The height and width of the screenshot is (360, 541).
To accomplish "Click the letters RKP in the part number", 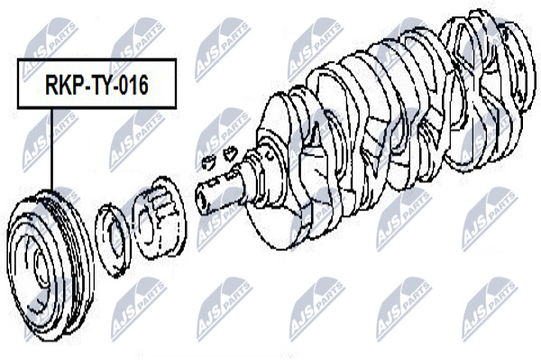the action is (x=64, y=85).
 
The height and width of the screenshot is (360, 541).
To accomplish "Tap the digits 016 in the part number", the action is (x=134, y=85).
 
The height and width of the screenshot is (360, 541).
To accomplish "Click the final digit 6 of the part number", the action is (x=143, y=85).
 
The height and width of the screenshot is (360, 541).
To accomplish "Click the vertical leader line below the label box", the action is (x=51, y=150).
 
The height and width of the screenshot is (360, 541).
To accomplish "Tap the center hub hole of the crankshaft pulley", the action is (x=41, y=268).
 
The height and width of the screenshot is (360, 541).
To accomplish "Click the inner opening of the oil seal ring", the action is (x=115, y=241).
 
